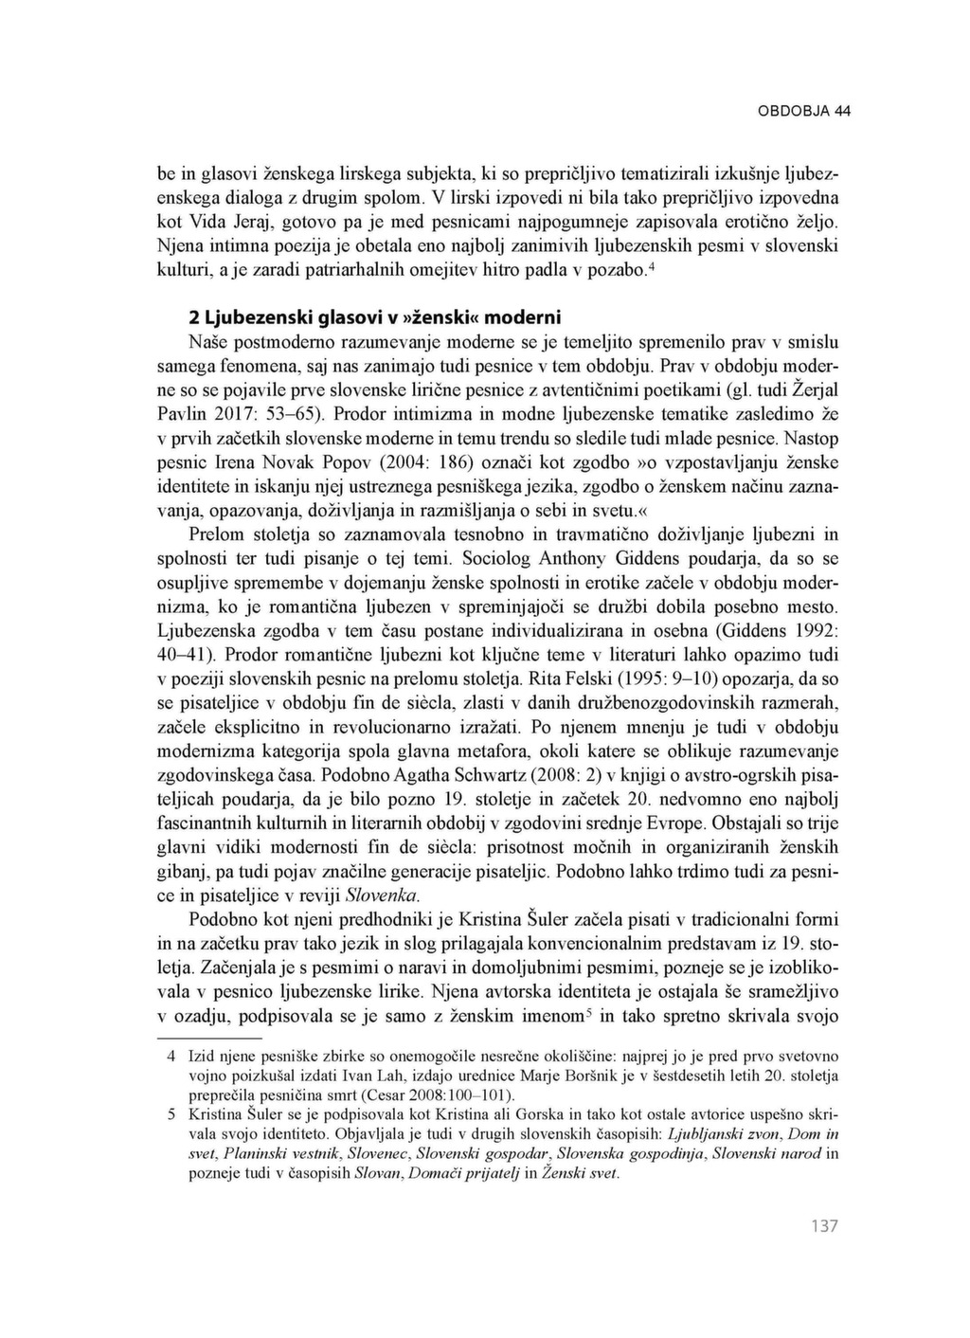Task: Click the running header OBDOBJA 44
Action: coord(804,111)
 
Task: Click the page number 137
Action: coord(824,1226)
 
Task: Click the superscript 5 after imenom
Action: coord(588,1009)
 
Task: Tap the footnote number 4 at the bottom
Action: coord(171,1055)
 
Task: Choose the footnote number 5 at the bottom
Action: coord(171,1114)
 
